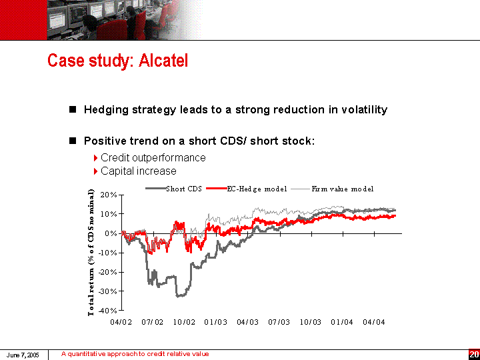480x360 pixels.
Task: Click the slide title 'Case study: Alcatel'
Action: coord(117,61)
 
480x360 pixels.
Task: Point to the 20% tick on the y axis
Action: coord(108,195)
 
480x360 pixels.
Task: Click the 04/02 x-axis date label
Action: coord(121,323)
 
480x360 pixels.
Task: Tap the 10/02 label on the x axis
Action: coord(184,323)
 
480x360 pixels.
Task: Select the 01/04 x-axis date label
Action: coord(342,323)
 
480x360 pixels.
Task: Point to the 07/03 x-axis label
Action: coord(279,323)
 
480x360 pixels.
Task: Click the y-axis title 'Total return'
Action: coord(91,253)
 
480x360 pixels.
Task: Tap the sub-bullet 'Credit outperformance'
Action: coord(153,157)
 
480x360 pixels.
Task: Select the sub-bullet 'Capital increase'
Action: coord(138,171)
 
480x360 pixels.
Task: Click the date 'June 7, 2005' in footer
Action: coord(21,354)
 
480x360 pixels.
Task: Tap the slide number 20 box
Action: coord(474,354)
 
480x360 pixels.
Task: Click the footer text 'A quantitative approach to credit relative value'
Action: coord(135,354)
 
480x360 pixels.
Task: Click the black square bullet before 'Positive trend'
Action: coord(73,141)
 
